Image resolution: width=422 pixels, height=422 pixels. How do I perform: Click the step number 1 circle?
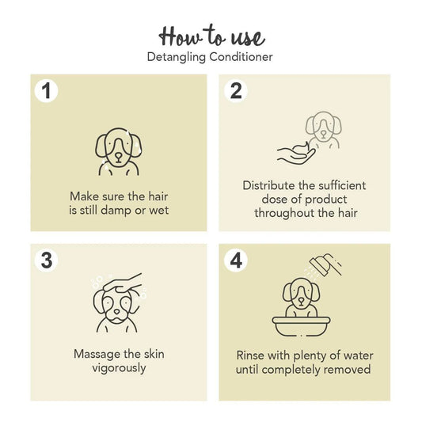tap(46, 91)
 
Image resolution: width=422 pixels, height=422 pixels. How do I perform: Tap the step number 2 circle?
tap(235, 91)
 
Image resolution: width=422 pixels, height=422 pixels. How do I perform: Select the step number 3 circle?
tap(46, 260)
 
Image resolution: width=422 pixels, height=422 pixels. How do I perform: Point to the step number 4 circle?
tap(235, 260)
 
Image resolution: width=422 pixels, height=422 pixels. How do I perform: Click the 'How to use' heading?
tap(211, 36)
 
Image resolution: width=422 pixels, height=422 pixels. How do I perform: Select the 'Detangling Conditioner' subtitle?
tap(211, 57)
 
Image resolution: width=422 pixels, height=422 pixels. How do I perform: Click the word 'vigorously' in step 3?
tap(119, 367)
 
